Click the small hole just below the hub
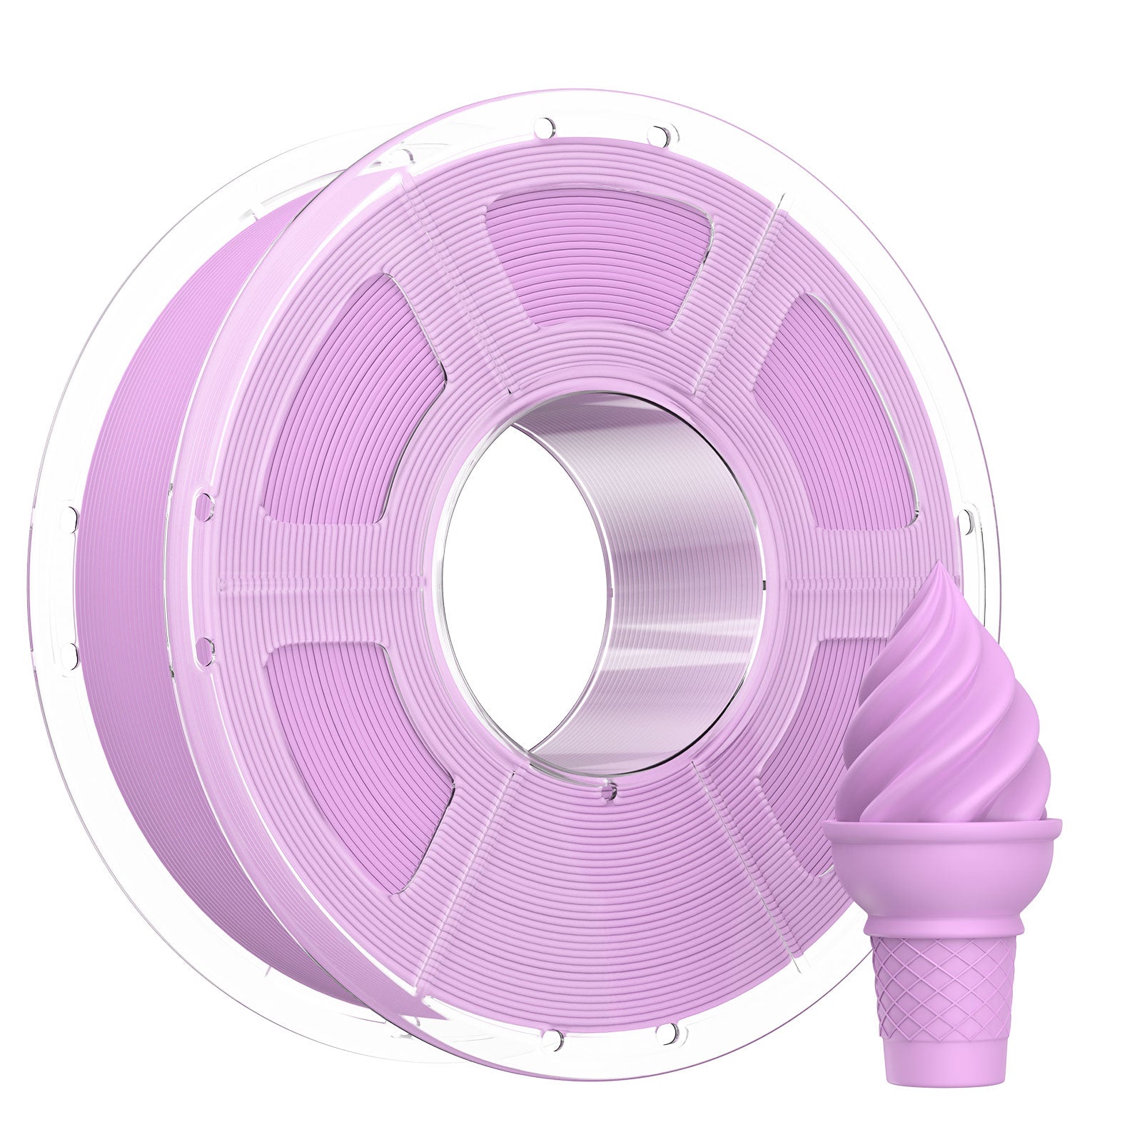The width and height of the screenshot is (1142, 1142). pos(607,790)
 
